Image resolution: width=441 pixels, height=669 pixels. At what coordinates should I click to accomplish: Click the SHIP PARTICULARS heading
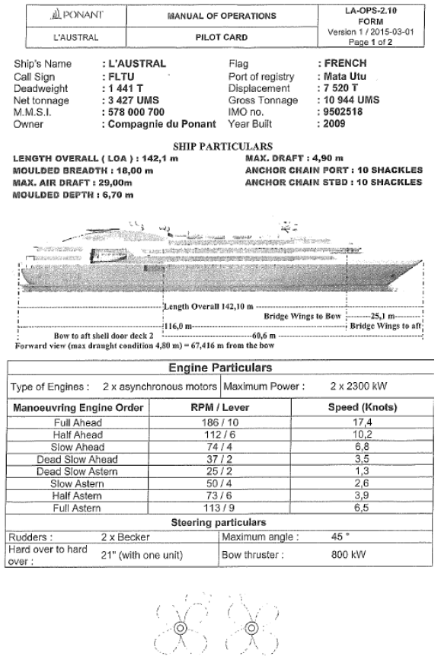220,146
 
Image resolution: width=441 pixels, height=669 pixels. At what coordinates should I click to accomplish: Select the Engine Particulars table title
220,368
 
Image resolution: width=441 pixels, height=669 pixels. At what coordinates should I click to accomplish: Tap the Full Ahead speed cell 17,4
358,422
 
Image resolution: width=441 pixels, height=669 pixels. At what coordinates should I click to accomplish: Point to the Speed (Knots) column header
358,407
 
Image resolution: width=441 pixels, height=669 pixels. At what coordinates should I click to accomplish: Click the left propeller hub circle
181,628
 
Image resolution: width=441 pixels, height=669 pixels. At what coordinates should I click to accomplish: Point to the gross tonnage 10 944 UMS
347,100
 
